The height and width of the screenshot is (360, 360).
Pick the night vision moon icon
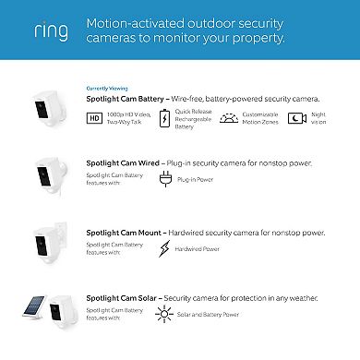297,118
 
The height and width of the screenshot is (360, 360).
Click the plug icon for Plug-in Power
166,179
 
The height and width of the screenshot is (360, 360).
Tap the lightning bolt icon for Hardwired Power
166,249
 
